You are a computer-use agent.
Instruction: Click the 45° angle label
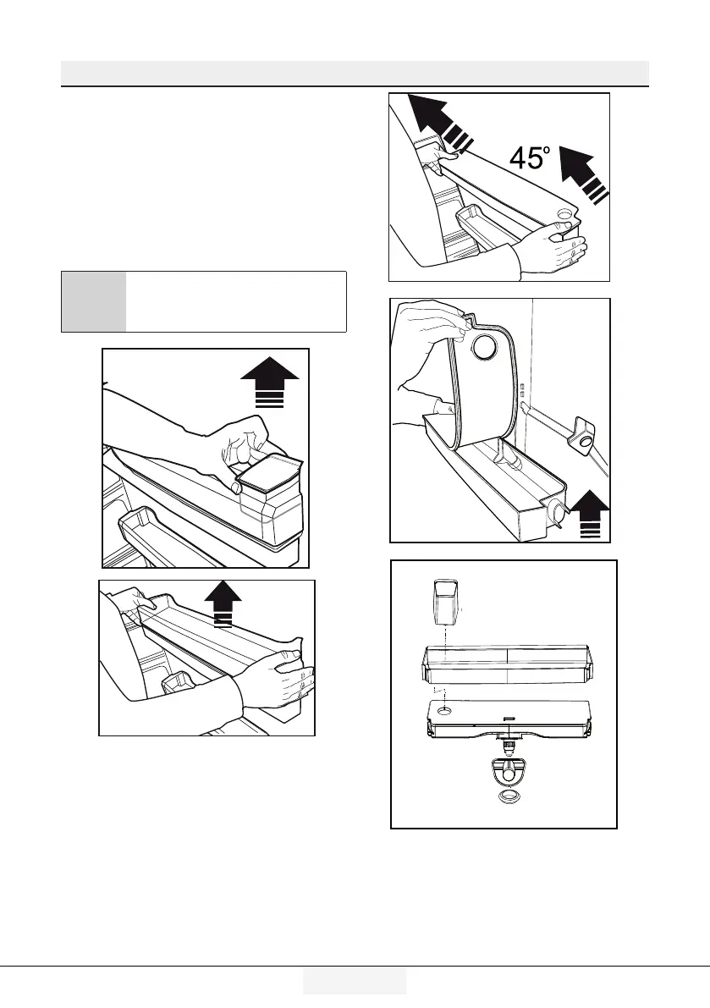pos(529,157)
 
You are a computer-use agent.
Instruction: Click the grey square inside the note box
pos(94,301)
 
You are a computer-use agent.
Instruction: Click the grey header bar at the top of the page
pos(355,73)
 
